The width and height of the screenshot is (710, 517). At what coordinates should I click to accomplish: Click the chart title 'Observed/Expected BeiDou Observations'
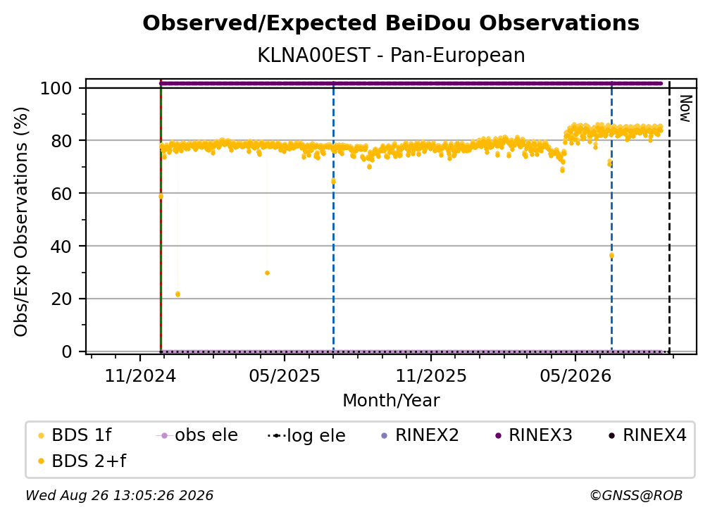[x=391, y=23]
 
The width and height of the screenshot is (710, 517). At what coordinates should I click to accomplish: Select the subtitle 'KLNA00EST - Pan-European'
[x=391, y=56]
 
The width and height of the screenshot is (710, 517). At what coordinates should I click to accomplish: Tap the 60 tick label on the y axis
[x=61, y=193]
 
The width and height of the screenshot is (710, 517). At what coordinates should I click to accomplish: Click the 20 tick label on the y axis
[x=61, y=299]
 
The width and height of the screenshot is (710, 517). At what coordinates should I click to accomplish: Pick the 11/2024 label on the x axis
[x=140, y=375]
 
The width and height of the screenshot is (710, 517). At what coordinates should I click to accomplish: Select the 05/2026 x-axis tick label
[x=575, y=375]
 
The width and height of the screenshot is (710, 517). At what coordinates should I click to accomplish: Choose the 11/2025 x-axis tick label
[x=431, y=375]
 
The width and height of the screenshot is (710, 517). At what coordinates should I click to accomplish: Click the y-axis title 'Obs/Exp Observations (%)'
[x=21, y=221]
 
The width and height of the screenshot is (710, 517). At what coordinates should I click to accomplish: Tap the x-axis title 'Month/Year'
[x=391, y=401]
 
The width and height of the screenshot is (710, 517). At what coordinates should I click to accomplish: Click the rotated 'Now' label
[x=685, y=108]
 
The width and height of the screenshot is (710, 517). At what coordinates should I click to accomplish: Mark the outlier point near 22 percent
[x=177, y=294]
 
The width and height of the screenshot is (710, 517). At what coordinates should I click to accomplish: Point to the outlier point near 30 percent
[x=267, y=273]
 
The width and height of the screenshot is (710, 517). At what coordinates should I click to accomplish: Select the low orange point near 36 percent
[x=611, y=256]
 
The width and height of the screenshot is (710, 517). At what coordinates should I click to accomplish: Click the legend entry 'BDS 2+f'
[x=82, y=461]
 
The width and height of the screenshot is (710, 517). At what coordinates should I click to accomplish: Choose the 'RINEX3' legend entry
[x=534, y=435]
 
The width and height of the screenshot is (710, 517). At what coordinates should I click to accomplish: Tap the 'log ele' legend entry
[x=306, y=435]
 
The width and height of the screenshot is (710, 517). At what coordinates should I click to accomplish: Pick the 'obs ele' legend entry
[x=197, y=435]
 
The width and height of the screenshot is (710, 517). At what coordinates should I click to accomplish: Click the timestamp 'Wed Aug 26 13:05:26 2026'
[x=119, y=495]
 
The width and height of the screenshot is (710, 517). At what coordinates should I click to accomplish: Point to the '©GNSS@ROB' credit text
[x=636, y=495]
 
